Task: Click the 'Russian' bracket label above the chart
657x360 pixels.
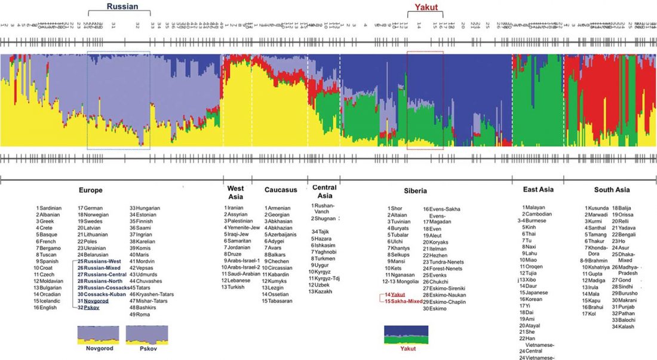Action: click(122, 7)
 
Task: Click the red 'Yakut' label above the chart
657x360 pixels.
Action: click(426, 7)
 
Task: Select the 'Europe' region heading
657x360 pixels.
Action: click(92, 190)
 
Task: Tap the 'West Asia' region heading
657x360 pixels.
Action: click(235, 192)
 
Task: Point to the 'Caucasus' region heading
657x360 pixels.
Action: click(280, 190)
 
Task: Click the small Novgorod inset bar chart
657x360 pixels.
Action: click(98, 334)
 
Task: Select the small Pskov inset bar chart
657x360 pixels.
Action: click(146, 334)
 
